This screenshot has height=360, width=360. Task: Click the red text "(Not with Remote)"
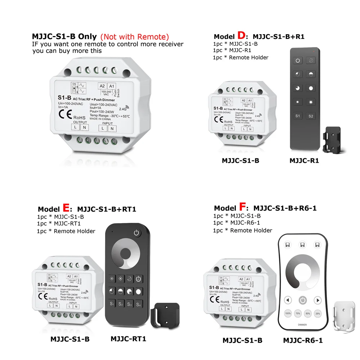[134, 37]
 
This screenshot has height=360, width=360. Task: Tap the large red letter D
[241, 36]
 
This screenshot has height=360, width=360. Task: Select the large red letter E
[66, 208]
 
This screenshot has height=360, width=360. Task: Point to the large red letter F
[243, 208]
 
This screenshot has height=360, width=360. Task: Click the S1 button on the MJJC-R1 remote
[298, 116]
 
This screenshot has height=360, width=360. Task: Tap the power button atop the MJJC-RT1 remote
[136, 233]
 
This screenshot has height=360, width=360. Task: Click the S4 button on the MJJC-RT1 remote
[138, 303]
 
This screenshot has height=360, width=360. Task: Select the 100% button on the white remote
[288, 313]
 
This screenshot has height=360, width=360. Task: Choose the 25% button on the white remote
[318, 313]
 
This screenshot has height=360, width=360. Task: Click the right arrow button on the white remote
[317, 300]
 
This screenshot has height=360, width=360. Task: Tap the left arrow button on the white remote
[288, 300]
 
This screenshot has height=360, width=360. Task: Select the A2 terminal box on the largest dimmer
[102, 86]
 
